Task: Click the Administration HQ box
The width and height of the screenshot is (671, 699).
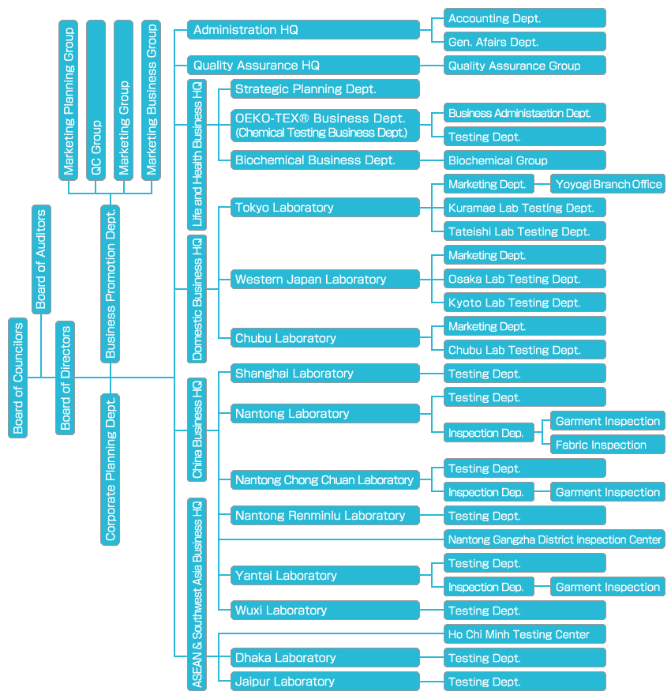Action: point(303,30)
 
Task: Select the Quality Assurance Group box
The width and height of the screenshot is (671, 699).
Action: point(525,66)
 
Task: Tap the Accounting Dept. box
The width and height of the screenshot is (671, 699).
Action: point(525,18)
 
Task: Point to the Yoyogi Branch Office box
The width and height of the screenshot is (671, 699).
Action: point(607,184)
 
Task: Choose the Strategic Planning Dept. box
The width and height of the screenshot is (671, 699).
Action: point(324,89)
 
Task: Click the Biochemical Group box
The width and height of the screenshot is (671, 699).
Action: point(525,160)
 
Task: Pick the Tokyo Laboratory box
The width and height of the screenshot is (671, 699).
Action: point(324,208)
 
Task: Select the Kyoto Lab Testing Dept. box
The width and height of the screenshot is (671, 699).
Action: point(525,303)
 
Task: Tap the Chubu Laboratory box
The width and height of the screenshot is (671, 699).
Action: point(324,338)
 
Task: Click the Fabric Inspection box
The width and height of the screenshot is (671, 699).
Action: point(607,445)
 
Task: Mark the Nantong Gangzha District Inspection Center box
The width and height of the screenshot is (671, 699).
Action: point(554,539)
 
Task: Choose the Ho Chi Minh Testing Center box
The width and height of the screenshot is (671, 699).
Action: point(525,634)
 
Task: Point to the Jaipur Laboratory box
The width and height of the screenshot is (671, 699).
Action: point(324,682)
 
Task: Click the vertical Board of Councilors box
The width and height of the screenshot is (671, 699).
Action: point(18,378)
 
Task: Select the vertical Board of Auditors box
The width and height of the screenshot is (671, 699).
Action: point(41,259)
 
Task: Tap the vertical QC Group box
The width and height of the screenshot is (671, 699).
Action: point(96,99)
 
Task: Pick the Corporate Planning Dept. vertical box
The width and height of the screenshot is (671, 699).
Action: point(111,469)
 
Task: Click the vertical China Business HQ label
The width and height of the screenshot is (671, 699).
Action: point(197,430)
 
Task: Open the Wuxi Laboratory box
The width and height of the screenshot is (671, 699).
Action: point(324,611)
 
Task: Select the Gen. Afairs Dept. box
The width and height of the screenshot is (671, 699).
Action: point(525,42)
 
